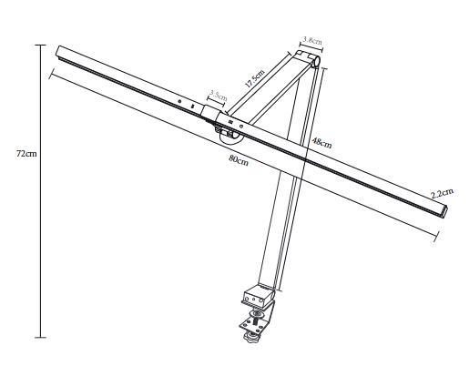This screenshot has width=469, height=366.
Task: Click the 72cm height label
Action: tap(26, 154)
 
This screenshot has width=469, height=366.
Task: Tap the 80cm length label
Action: tap(239, 160)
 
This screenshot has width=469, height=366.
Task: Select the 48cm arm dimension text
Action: tap(321, 143)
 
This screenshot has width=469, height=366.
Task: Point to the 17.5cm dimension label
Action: tap(255, 78)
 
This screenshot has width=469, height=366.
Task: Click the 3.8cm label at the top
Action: tap(312, 40)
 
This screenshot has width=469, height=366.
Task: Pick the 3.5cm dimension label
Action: tap(219, 95)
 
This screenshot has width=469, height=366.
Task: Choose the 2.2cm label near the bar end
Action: tap(443, 193)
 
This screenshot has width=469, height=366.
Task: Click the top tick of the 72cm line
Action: tap(40, 45)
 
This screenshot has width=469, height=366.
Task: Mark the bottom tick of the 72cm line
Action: tap(40, 337)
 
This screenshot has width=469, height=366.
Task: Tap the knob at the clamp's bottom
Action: tap(251, 336)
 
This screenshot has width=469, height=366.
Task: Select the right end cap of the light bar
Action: tap(445, 212)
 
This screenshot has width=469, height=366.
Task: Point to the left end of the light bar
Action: tap(58, 51)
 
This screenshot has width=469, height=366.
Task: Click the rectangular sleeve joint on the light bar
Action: tap(210, 112)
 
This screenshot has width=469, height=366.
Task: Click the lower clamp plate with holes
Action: tap(254, 326)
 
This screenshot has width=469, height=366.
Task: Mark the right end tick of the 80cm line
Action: tap(436, 235)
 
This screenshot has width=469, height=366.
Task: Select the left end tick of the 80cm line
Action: tap(52, 74)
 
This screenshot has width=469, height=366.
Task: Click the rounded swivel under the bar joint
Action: tap(230, 136)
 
